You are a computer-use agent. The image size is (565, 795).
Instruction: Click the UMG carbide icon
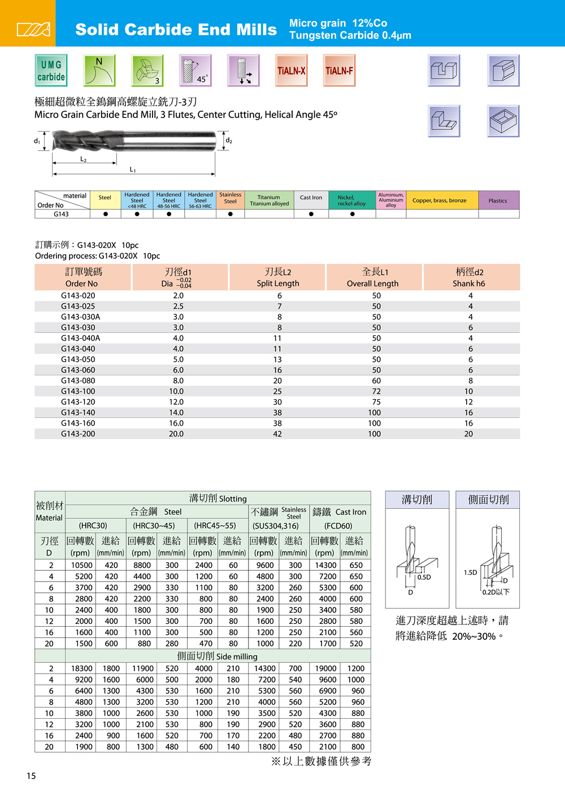click(x=51, y=71)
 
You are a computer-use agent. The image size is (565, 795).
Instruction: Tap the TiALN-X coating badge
click(x=292, y=71)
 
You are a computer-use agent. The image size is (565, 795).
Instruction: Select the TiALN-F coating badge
click(x=339, y=71)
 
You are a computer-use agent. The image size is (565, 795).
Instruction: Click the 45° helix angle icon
click(x=195, y=71)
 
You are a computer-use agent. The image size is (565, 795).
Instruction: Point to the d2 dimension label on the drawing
click(x=229, y=141)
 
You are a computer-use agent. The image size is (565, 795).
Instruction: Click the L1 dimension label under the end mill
click(x=133, y=169)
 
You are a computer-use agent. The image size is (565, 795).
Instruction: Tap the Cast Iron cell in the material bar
click(x=311, y=198)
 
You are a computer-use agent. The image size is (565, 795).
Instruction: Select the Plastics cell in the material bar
click(x=498, y=200)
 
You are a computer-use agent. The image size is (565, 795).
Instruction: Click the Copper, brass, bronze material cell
click(x=440, y=200)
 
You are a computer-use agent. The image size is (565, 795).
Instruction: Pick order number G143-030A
click(x=80, y=317)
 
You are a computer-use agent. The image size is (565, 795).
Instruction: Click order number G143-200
click(x=78, y=434)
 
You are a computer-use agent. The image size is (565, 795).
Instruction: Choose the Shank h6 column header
click(x=469, y=283)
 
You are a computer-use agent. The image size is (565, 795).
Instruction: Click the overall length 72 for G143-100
click(x=376, y=391)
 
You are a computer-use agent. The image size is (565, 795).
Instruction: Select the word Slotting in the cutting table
click(x=233, y=499)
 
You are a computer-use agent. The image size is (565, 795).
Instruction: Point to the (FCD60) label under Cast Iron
click(x=338, y=526)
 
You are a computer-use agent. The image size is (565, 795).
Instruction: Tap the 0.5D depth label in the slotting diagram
click(x=424, y=577)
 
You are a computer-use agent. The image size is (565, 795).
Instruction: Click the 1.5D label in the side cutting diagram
click(x=471, y=573)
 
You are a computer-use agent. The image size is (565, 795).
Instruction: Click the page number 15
click(x=31, y=776)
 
